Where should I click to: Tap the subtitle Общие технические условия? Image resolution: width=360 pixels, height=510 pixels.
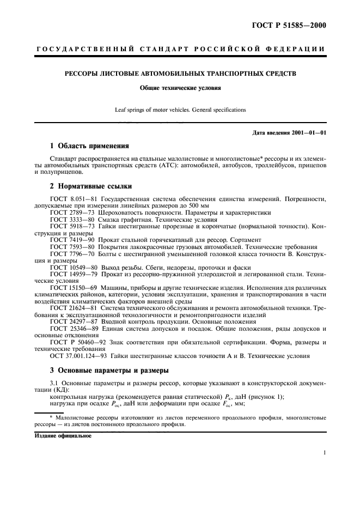(180, 87)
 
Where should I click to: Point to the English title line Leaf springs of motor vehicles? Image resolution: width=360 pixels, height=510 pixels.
(180, 110)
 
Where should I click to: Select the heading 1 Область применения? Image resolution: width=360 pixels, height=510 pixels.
(89, 146)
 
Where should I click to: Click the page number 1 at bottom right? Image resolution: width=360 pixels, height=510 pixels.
(325, 452)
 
